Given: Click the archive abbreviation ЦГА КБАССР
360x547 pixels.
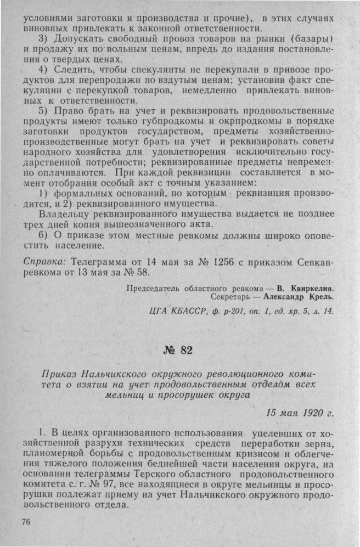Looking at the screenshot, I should point(177,313).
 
